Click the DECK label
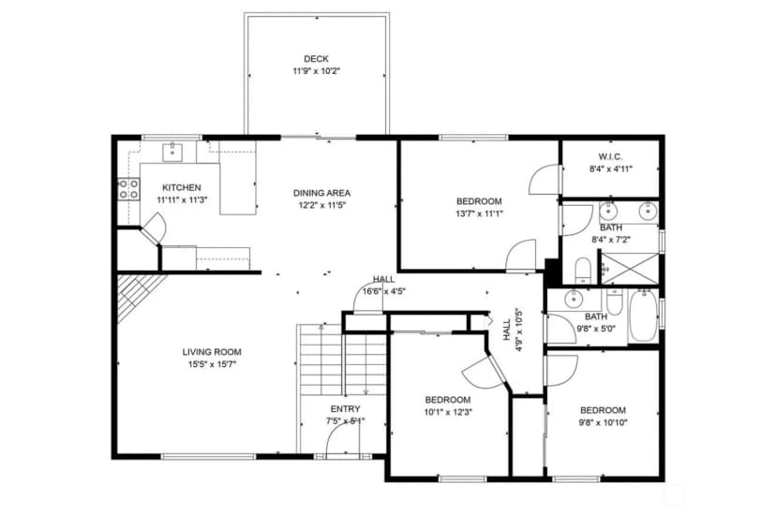[316, 59]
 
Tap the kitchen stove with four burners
[128, 189]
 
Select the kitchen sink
[172, 152]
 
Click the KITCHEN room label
[182, 188]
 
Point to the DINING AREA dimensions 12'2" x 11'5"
[321, 206]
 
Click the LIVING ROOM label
[212, 352]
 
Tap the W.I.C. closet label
[611, 156]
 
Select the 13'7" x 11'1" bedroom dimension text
[479, 214]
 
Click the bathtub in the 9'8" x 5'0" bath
[643, 316]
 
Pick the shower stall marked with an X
[630, 269]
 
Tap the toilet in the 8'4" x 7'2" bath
[584, 271]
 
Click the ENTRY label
[346, 409]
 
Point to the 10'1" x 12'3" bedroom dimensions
[448, 412]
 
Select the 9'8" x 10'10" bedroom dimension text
[603, 422]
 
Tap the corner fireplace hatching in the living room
[142, 298]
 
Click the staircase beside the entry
[341, 360]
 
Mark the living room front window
[209, 457]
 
